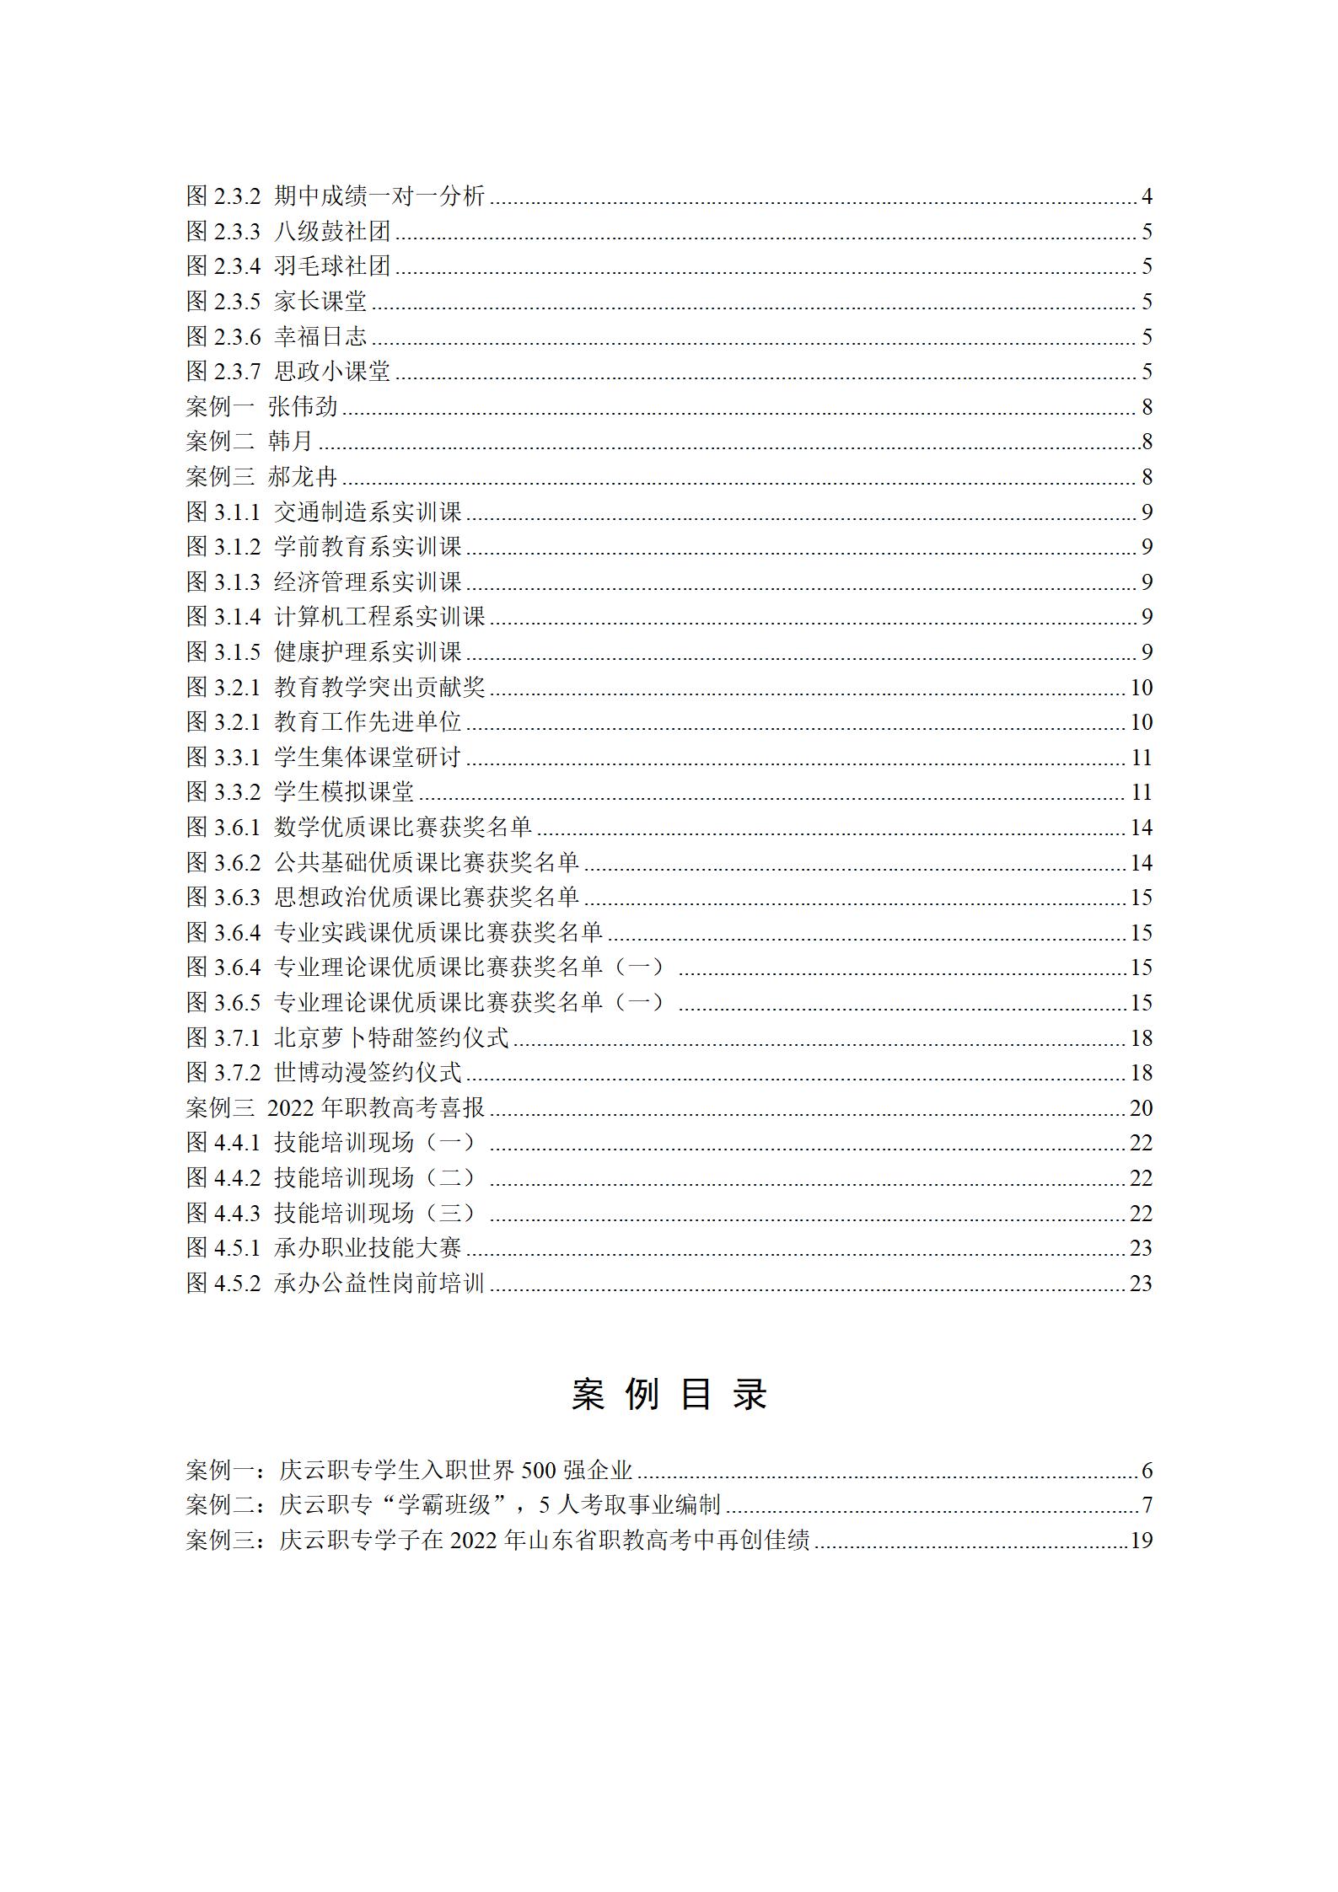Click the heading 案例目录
click(x=669, y=1395)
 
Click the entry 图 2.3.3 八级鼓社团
click(x=287, y=232)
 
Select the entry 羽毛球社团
click(x=332, y=266)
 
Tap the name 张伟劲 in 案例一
click(x=303, y=407)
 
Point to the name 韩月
click(x=291, y=442)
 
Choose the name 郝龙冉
click(x=303, y=477)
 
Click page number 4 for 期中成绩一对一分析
click(x=1146, y=197)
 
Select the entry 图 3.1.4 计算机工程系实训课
click(x=336, y=617)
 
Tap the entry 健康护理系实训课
click(x=368, y=652)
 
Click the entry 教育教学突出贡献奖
click(x=379, y=688)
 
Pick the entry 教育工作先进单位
click(x=368, y=722)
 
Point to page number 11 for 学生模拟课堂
click(x=1141, y=792)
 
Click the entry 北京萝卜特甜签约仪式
click(x=391, y=1037)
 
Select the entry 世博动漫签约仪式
click(x=368, y=1073)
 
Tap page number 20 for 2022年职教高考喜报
click(x=1141, y=1108)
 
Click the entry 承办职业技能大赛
click(x=368, y=1248)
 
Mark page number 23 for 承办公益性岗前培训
click(x=1141, y=1284)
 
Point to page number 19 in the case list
click(x=1141, y=1541)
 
